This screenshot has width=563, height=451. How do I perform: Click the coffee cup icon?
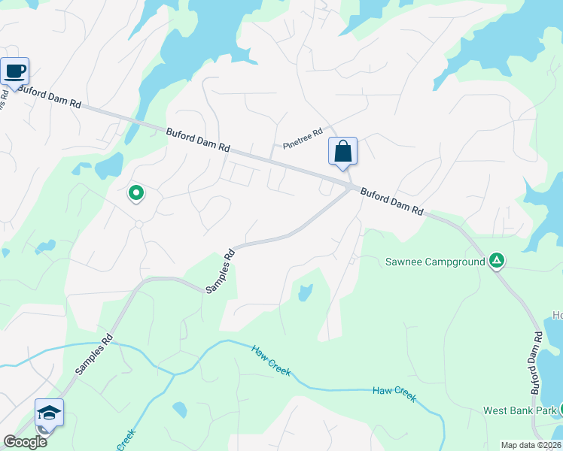(x=14, y=71)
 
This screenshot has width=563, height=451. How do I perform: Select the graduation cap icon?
(x=49, y=413)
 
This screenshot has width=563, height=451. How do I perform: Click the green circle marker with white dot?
(x=136, y=193)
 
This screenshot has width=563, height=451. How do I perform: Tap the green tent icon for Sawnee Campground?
(x=496, y=261)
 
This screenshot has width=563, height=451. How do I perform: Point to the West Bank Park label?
(x=519, y=410)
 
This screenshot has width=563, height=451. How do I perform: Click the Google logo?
(x=24, y=442)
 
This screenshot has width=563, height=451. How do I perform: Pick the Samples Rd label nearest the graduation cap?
(x=95, y=354)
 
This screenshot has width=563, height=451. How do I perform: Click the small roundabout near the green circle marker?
(x=138, y=224)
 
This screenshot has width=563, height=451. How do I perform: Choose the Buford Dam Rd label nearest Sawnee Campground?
(x=391, y=202)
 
